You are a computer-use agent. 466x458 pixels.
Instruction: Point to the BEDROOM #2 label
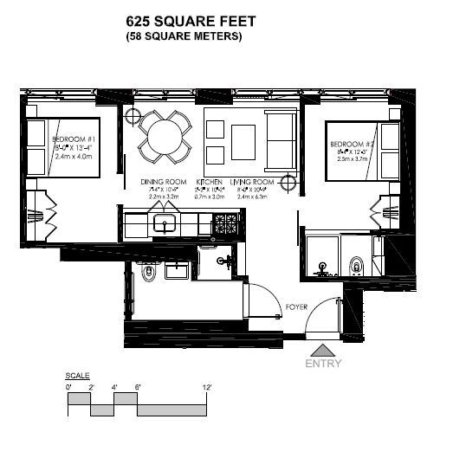[x=352, y=143]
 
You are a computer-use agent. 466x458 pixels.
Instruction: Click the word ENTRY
[x=323, y=364]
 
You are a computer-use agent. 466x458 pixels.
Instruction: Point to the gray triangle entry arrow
[x=323, y=350]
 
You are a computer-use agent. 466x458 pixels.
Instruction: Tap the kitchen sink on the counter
[x=165, y=224]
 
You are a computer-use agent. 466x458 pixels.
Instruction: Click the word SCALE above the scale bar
[x=76, y=376]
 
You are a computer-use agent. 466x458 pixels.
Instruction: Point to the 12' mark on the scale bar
[x=207, y=388]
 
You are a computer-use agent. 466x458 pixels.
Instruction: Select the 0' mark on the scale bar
[x=68, y=388]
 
